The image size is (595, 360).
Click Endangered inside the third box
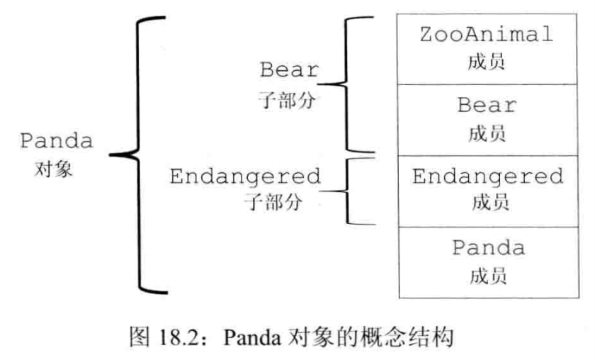click(x=487, y=176)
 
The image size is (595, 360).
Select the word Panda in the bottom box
click(x=488, y=248)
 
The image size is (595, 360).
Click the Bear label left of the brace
click(x=289, y=71)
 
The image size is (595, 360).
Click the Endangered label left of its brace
click(x=245, y=176)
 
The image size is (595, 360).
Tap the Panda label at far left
click(x=56, y=140)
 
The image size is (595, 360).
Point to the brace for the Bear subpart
click(x=347, y=84)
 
